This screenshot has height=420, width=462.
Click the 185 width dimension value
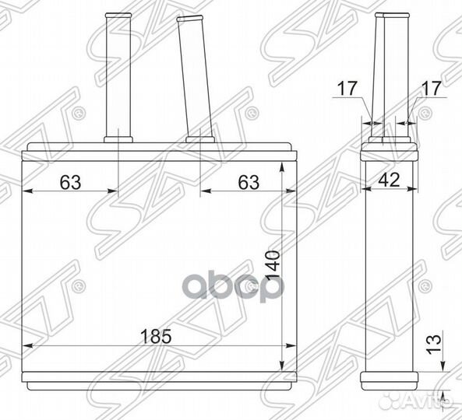click(156, 336)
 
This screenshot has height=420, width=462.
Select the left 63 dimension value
click(70, 182)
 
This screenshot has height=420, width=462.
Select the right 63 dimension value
click(249, 182)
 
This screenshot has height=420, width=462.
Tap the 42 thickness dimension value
click(389, 180)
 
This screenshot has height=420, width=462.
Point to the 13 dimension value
click(434, 344)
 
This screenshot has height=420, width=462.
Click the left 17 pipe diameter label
click(347, 88)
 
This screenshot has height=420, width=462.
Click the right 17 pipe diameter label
click(432, 88)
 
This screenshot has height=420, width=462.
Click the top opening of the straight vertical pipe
click(118, 15)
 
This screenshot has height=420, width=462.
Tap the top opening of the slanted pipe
click(190, 19)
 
